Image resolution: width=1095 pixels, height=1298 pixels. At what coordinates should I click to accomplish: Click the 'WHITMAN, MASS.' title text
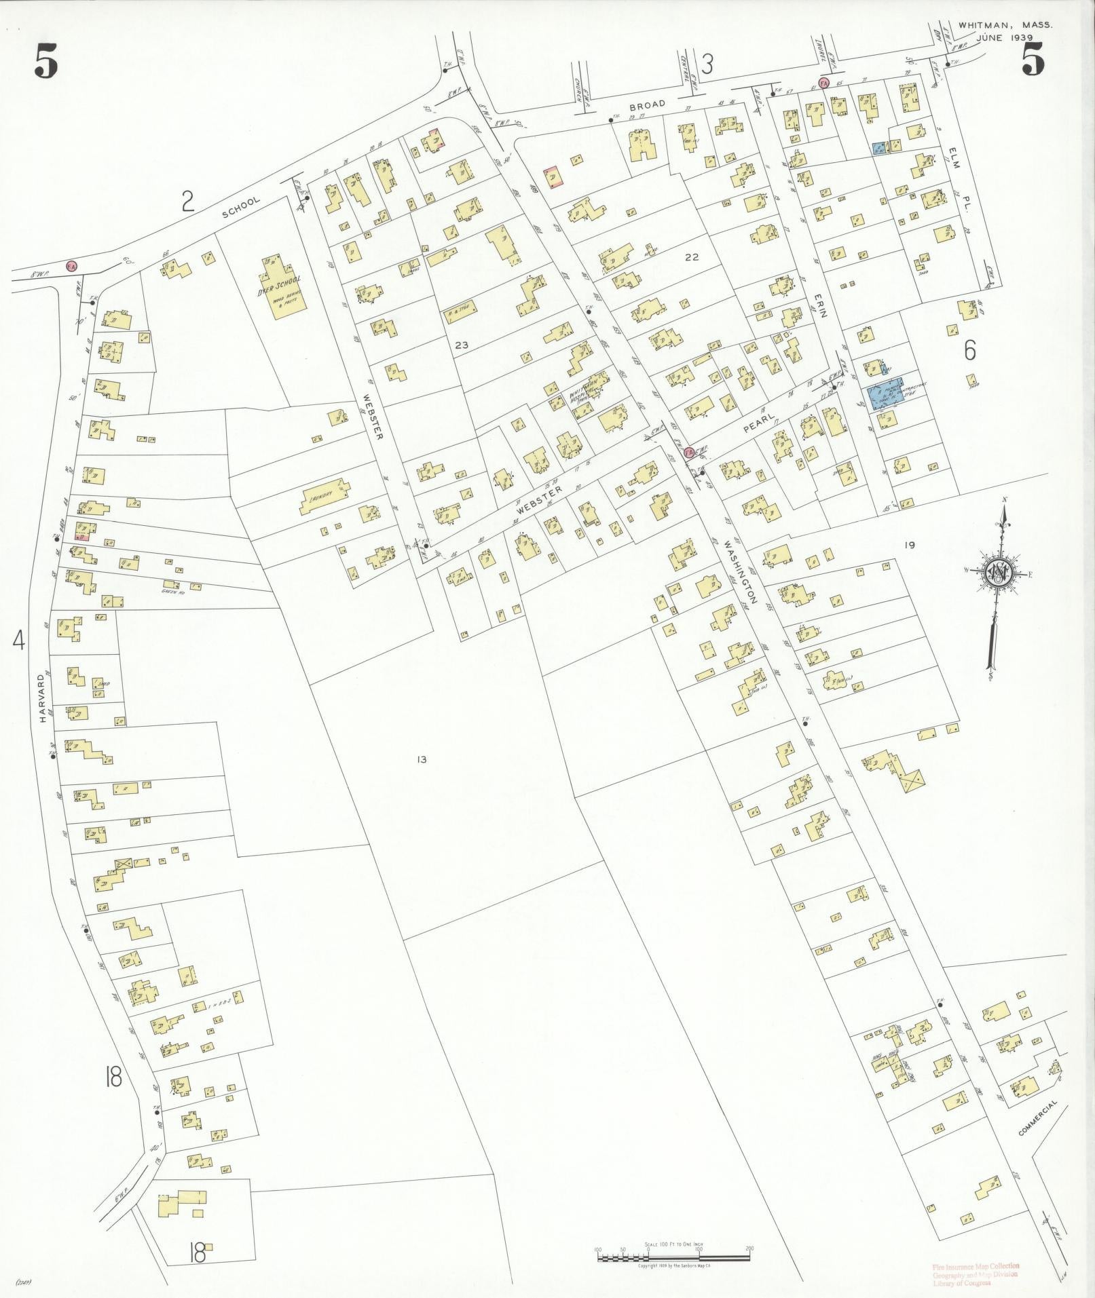tap(1005, 24)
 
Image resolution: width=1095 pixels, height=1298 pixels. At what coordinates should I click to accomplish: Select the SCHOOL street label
tap(240, 207)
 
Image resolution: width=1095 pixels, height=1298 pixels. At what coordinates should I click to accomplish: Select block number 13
tap(422, 759)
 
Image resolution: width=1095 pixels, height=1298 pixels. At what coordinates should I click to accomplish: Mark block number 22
tap(692, 257)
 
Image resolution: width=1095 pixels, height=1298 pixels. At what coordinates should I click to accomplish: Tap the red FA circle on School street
tap(71, 265)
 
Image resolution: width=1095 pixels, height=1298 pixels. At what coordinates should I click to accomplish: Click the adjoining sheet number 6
tap(969, 350)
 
